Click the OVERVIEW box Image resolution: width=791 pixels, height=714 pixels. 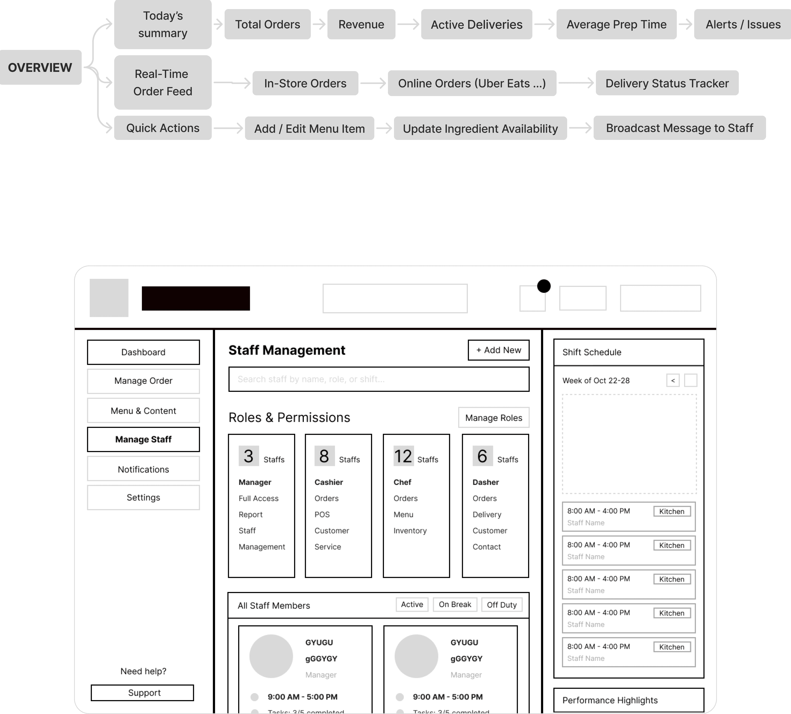point(40,68)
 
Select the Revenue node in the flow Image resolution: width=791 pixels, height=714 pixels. point(361,24)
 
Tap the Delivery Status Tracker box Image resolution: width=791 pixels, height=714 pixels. point(667,83)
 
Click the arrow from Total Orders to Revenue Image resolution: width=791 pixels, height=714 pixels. point(319,24)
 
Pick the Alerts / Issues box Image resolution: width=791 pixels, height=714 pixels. point(743,24)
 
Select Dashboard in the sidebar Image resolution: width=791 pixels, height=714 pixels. point(143,352)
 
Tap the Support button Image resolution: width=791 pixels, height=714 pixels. point(142,693)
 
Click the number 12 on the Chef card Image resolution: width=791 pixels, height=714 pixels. point(403,456)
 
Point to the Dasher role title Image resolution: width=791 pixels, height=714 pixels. point(485,482)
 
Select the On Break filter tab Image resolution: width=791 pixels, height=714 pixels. point(455,605)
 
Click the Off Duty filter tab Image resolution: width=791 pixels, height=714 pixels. point(502,605)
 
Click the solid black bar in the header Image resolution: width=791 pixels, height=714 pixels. point(196,299)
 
